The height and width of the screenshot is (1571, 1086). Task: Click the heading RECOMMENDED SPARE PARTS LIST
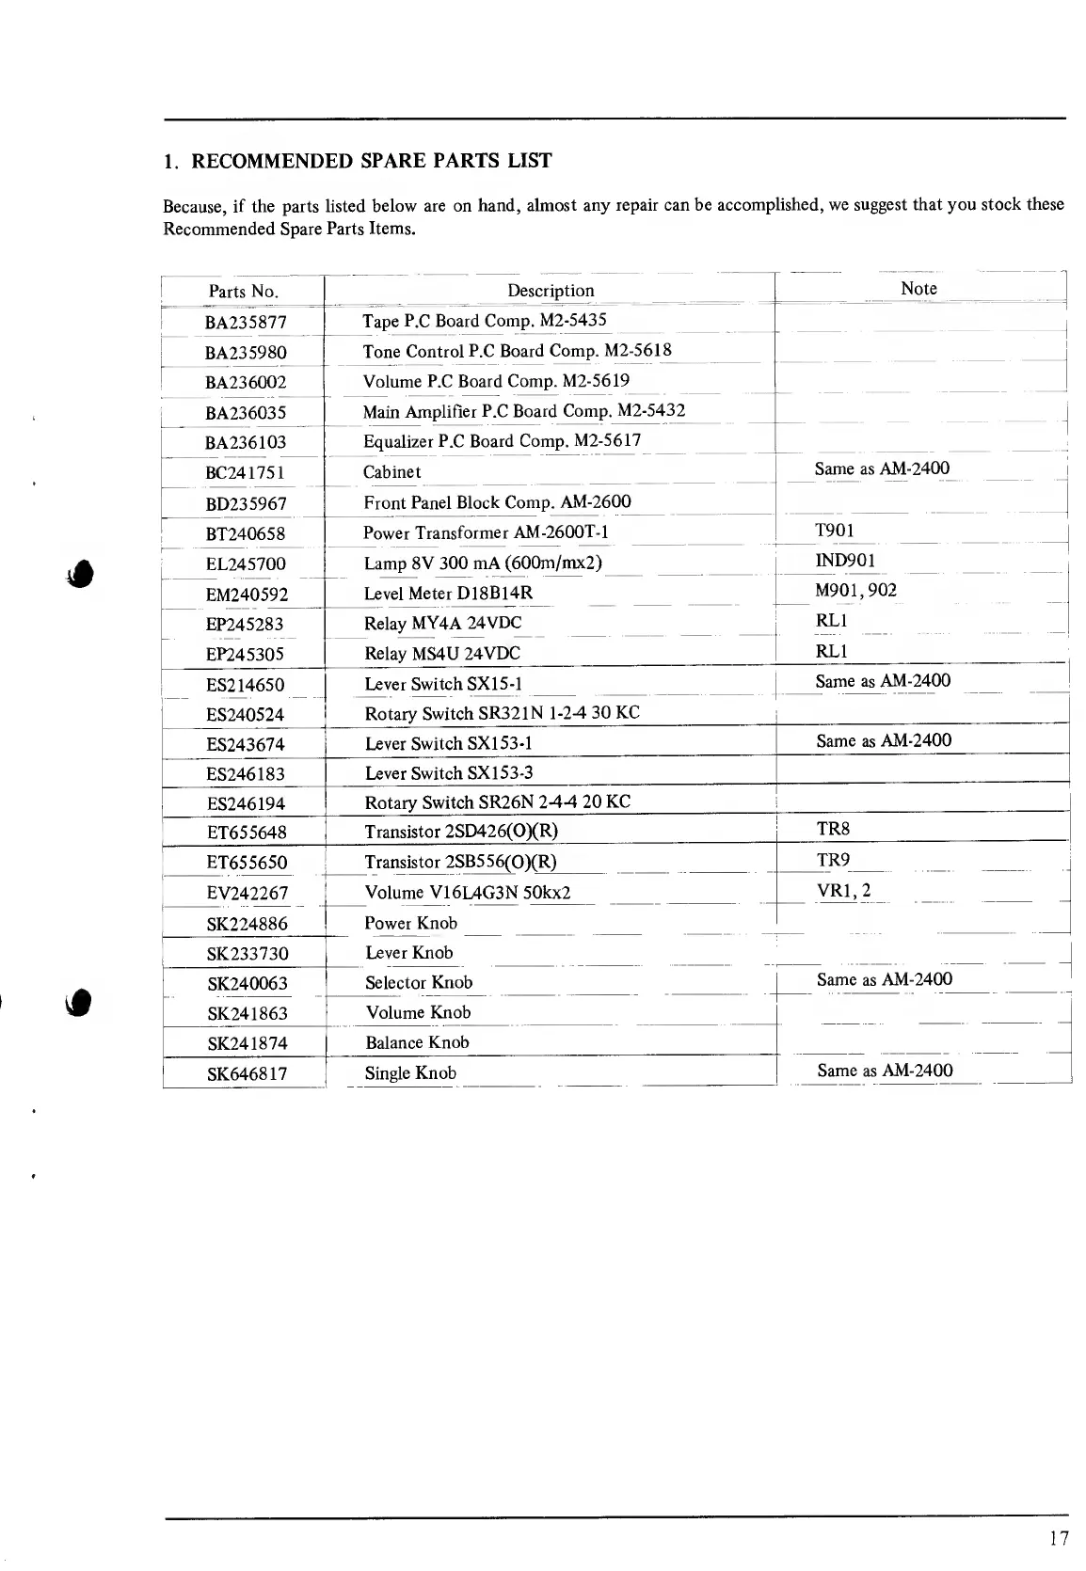click(371, 161)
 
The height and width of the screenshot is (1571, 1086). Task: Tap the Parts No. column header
click(244, 292)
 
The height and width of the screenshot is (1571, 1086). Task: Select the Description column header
click(551, 291)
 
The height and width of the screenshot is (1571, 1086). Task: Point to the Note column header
click(918, 289)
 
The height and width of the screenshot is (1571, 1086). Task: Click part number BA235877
click(246, 323)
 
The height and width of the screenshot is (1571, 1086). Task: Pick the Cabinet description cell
click(391, 472)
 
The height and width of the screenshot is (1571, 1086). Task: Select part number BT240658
click(246, 533)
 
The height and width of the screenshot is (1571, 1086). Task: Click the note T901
click(835, 530)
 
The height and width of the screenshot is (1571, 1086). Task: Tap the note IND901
click(845, 561)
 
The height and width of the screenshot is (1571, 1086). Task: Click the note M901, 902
click(855, 591)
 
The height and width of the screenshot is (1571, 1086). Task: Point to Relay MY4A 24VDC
click(442, 624)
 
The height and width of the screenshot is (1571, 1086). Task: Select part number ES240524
click(245, 714)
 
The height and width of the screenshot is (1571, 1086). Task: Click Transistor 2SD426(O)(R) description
click(461, 832)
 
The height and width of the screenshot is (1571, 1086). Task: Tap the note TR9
click(834, 860)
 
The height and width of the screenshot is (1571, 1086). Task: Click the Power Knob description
click(410, 923)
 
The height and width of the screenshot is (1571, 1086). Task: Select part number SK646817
click(247, 1073)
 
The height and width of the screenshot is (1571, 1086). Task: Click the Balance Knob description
click(417, 1042)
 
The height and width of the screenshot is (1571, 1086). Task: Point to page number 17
click(1059, 1539)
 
